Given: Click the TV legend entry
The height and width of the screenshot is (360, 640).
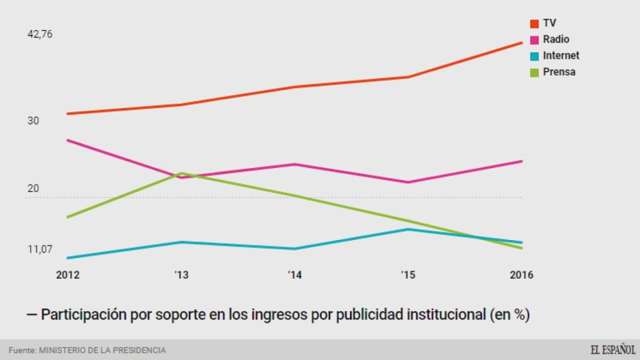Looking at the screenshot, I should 543,23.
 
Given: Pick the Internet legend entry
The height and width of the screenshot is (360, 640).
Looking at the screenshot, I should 554,56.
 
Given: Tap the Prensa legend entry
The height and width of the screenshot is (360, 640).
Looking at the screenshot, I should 552,72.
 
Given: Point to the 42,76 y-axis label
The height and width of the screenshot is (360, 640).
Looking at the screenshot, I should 40,34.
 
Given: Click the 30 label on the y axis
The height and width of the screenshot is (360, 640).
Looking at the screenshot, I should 33,121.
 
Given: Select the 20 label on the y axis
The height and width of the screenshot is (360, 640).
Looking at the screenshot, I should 33,189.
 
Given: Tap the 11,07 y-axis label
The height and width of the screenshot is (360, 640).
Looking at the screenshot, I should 40,249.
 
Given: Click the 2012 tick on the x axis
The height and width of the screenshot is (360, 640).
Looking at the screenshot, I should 67,275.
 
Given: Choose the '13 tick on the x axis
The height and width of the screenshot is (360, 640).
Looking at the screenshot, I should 181,275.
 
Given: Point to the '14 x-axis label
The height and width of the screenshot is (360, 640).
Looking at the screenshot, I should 294,275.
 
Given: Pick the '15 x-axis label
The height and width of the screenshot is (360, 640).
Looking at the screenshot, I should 408,275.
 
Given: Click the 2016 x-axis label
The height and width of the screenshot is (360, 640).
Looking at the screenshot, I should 522,275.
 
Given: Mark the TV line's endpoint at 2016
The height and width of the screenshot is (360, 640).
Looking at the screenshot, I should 522,42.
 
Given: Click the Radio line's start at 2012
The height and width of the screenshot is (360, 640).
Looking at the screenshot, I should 67,140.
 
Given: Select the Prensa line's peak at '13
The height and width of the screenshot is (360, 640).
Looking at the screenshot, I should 181,173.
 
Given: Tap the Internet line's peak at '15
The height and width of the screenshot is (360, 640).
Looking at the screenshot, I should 408,229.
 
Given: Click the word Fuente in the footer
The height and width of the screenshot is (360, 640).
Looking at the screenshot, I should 22,350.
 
